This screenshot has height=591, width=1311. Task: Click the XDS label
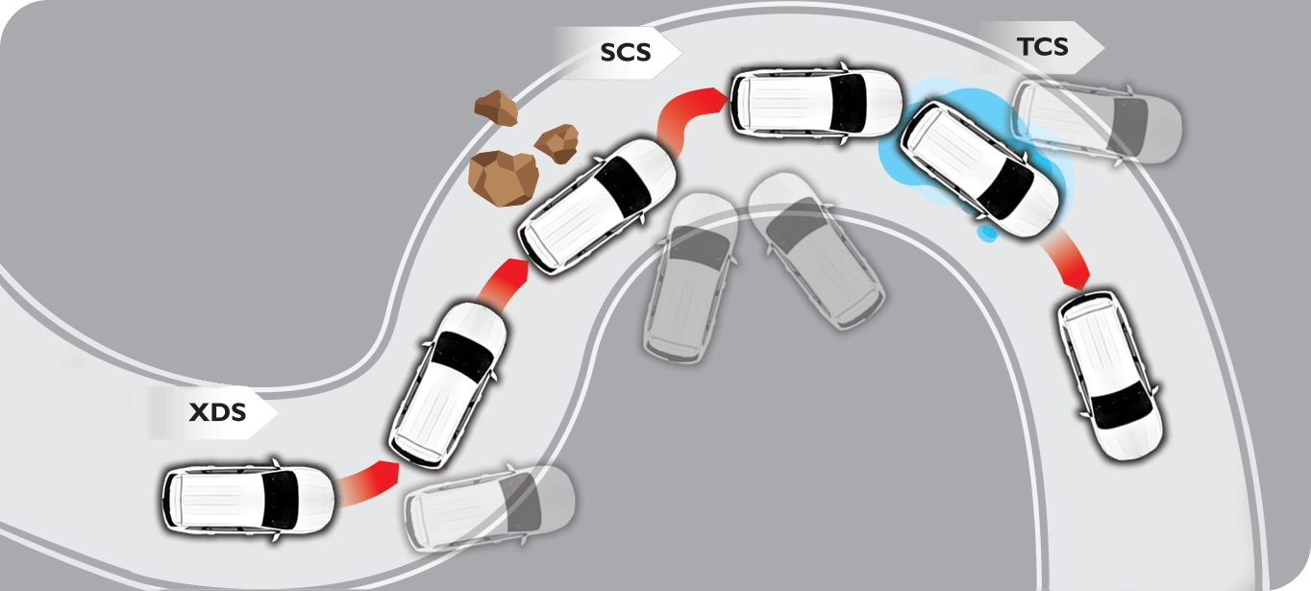click(x=218, y=412)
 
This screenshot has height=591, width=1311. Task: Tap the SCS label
click(x=626, y=53)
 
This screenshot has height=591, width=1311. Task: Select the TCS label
click(x=1043, y=47)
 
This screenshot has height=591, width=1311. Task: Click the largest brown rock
click(x=504, y=179)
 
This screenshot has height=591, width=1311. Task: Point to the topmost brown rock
click(x=496, y=109)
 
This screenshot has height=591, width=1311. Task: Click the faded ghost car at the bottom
click(x=489, y=507)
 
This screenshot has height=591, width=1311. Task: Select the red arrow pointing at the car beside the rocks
click(x=505, y=283)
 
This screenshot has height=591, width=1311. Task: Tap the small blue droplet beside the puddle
click(x=987, y=233)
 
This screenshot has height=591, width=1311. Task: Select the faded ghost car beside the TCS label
click(x=1098, y=122)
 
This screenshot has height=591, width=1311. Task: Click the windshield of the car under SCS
click(x=848, y=103)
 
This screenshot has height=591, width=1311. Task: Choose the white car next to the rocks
click(x=597, y=207)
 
